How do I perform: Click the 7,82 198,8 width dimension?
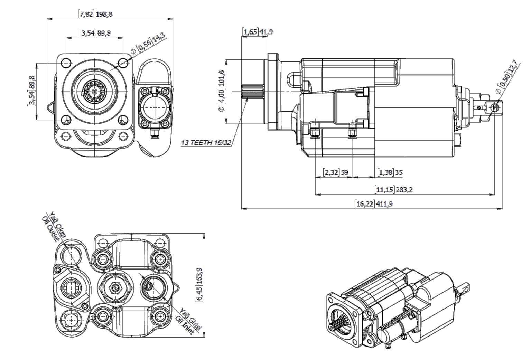click(x=96, y=15)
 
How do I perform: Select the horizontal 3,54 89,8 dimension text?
click(x=96, y=33)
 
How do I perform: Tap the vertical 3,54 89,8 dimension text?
click(x=32, y=90)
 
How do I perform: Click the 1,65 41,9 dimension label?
click(x=259, y=32)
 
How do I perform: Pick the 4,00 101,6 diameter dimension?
click(x=221, y=91)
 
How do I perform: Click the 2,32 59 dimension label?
click(x=336, y=172)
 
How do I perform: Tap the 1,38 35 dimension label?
click(x=391, y=172)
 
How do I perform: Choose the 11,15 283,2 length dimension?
click(x=394, y=189)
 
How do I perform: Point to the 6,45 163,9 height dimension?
click(x=199, y=284)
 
